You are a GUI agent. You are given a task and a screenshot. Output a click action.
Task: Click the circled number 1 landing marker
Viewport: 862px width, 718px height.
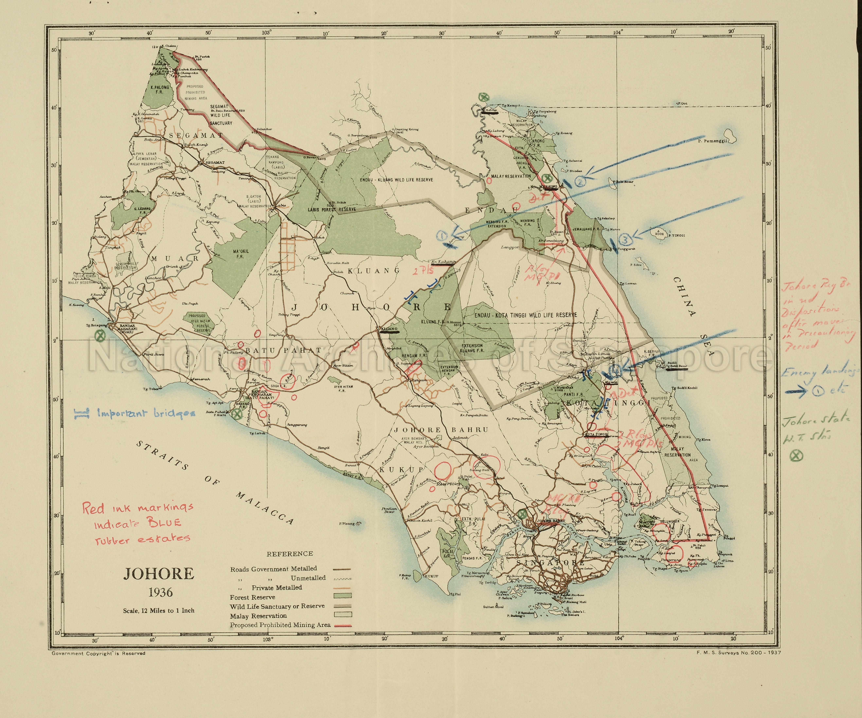click(442, 236)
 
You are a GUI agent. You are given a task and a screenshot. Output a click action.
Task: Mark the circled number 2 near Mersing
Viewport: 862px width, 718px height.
click(580, 181)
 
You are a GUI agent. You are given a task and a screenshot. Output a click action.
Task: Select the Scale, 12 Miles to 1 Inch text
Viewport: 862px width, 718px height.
click(158, 611)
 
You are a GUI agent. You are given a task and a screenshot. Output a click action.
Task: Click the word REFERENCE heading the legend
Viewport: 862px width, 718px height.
click(290, 553)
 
